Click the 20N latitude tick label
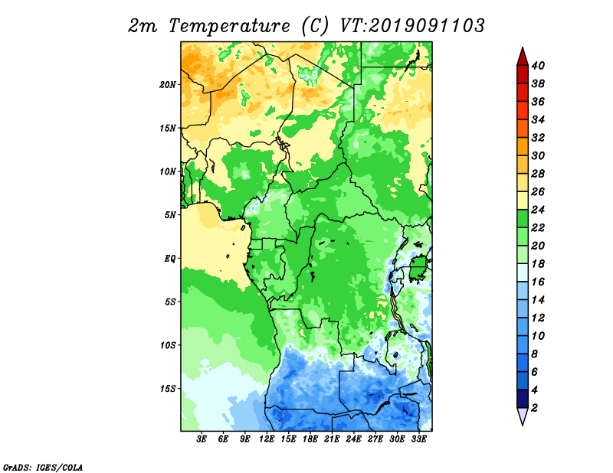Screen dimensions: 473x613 click(x=168, y=84)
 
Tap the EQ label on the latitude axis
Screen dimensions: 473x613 click(x=169, y=258)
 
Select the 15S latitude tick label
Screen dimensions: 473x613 click(x=168, y=388)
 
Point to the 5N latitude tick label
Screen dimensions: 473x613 click(x=169, y=215)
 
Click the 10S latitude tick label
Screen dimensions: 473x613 click(x=168, y=345)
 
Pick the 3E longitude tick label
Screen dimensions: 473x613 click(x=202, y=439)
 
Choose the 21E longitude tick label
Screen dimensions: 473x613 click(x=332, y=439)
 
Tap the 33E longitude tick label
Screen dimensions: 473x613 click(x=418, y=439)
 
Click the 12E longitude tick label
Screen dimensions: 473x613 click(x=267, y=439)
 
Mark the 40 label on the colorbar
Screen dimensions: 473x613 click(x=539, y=66)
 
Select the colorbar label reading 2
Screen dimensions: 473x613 click(x=535, y=407)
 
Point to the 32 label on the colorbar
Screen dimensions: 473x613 click(x=539, y=138)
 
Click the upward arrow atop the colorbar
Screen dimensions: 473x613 click(x=522, y=56)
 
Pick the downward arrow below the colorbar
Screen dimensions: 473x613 click(x=522, y=416)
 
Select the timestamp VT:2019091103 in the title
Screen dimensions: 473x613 click(x=411, y=25)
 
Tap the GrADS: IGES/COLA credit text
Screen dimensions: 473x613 click(x=42, y=466)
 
